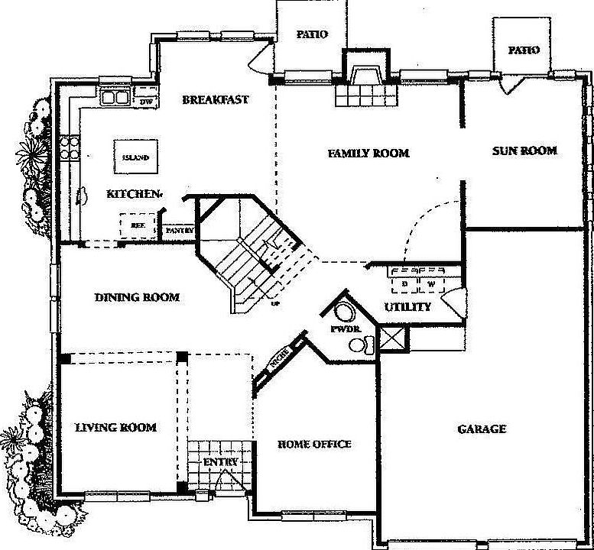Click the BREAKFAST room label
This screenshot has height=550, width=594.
click(215, 99)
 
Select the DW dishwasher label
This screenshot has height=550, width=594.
click(146, 101)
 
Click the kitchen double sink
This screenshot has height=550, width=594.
click(115, 97)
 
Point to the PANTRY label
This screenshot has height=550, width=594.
click(180, 230)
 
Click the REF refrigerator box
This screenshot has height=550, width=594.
click(138, 225)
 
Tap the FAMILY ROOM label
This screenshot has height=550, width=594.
click(368, 154)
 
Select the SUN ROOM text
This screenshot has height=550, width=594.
click(524, 150)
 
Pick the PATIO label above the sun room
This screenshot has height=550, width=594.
click(524, 50)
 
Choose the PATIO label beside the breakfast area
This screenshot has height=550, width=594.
click(312, 34)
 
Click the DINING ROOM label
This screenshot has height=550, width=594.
click(138, 297)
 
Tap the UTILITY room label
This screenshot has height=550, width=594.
click(407, 306)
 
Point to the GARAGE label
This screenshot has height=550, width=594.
click(481, 429)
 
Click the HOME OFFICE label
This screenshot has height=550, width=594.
click(313, 444)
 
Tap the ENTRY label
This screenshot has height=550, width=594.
click(220, 462)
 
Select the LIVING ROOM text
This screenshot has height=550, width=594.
click(115, 427)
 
